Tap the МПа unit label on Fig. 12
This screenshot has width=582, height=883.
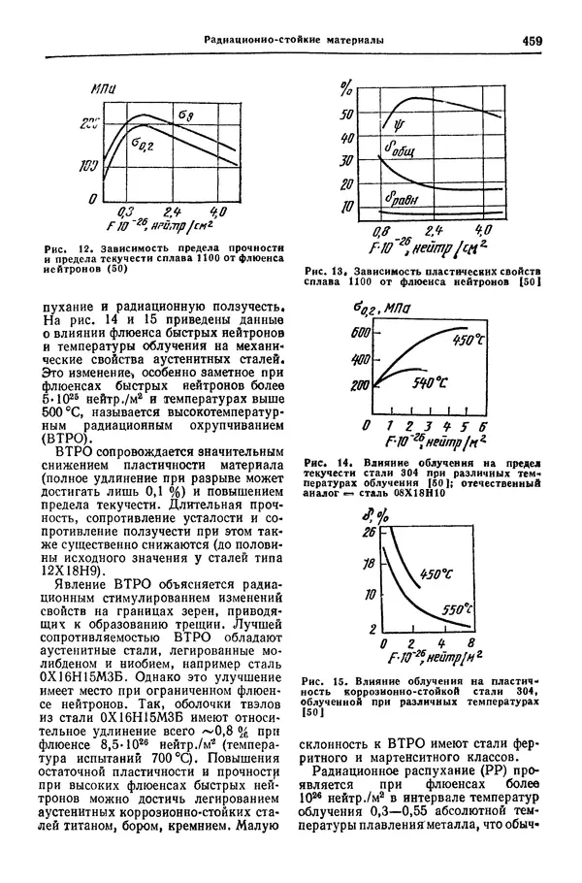coord(102,88)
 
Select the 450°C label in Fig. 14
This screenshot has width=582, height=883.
coord(469,341)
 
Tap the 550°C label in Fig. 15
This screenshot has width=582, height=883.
coord(455,611)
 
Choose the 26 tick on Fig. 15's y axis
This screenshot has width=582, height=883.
coord(369,533)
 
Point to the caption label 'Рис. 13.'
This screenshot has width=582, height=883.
coord(328,270)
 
